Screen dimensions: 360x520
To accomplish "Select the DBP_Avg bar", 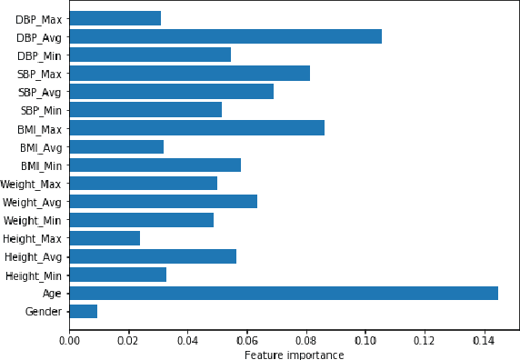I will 225,36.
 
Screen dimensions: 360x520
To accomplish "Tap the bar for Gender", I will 83,311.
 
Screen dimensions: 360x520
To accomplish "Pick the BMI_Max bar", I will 196,128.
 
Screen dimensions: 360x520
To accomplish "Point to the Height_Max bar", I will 105,238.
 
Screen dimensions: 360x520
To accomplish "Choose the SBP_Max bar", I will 189,73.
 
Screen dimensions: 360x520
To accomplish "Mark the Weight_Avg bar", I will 163,201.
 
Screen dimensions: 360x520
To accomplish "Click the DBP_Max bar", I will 115,18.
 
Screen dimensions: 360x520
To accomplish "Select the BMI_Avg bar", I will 116,146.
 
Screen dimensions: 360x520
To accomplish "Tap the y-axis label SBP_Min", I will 40,110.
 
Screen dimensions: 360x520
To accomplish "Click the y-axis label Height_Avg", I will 34,256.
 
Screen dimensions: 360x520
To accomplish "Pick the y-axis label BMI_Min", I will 40,165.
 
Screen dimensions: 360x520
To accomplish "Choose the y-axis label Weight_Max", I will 32,184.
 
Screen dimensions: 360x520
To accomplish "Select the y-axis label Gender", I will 44,312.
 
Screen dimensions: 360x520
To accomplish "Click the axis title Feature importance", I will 294,354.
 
